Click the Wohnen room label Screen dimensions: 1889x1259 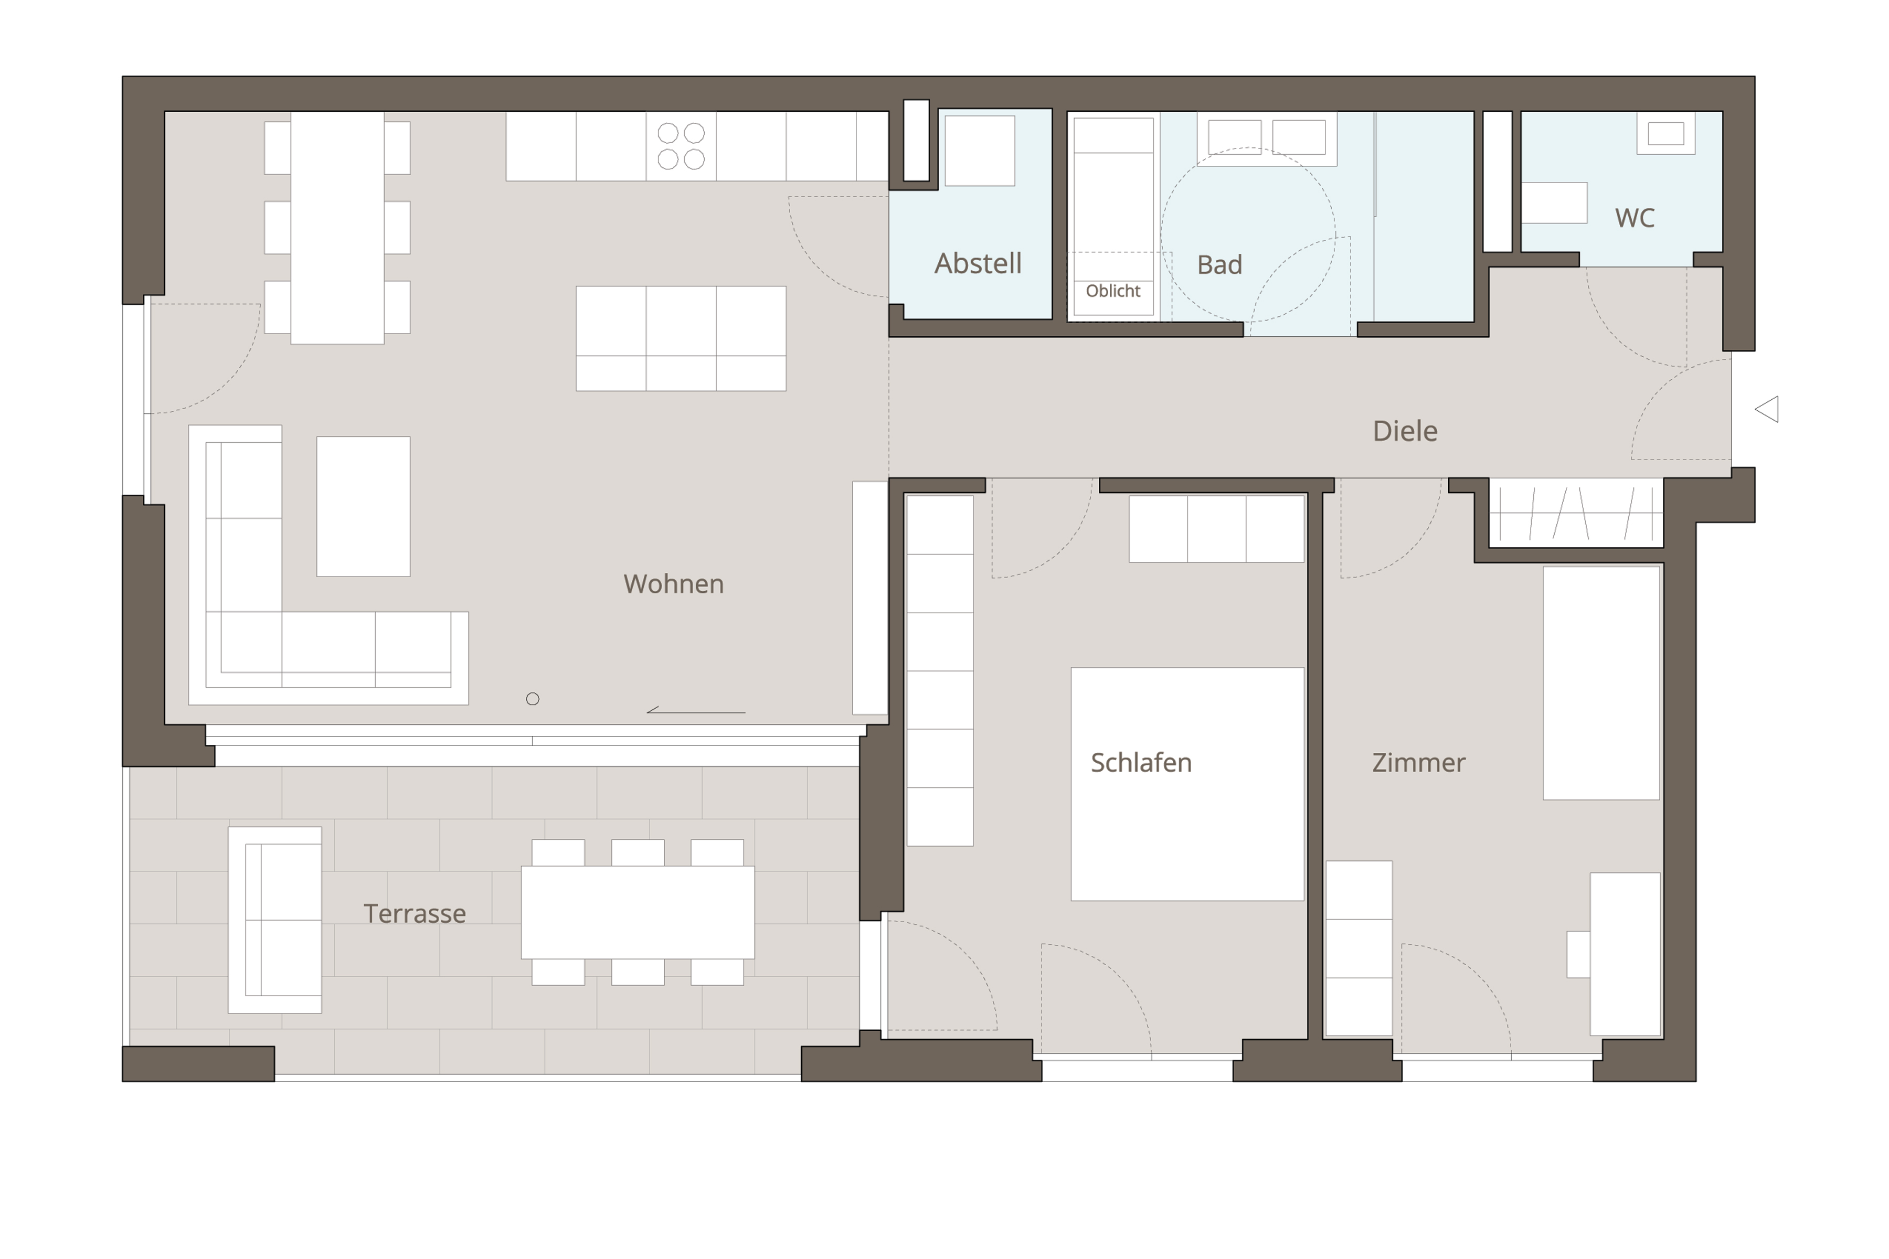coord(673,584)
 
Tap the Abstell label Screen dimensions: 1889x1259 coord(978,263)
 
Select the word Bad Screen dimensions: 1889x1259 coord(1219,265)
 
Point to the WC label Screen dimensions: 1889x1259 coord(1635,218)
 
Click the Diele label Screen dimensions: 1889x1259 coord(1405,431)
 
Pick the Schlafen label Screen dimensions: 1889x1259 coord(1140,763)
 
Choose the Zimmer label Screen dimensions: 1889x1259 coord(1418,763)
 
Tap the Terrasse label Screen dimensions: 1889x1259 coord(415,914)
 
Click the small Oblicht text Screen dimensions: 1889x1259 coord(1112,291)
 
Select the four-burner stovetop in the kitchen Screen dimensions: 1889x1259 coord(681,146)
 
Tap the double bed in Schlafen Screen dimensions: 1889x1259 coord(1187,784)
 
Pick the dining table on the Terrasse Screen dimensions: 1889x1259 coord(638,912)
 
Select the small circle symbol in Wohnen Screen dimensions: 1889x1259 coord(533,699)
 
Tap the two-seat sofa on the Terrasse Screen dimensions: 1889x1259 coord(274,920)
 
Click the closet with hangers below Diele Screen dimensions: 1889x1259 coord(1576,513)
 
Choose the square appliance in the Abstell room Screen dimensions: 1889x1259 coord(980,151)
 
